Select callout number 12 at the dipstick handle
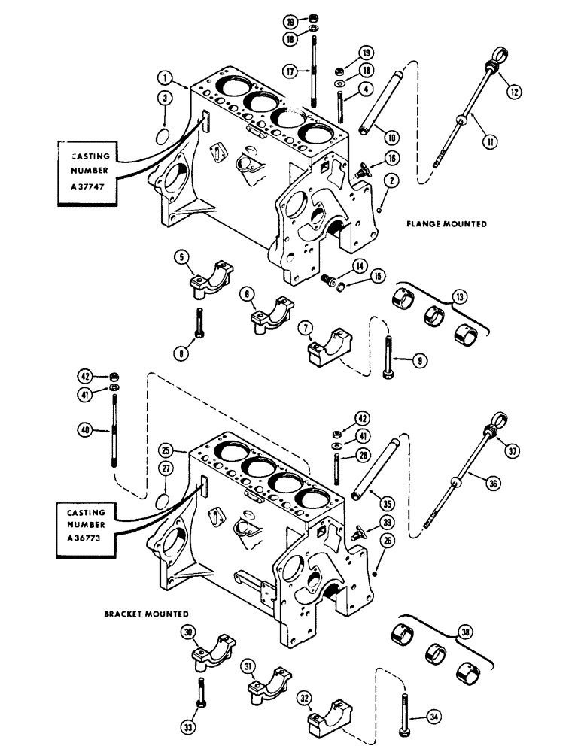click(x=515, y=92)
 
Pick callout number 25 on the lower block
click(x=168, y=450)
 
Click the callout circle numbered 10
click(x=391, y=136)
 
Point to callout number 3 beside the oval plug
click(x=165, y=97)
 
